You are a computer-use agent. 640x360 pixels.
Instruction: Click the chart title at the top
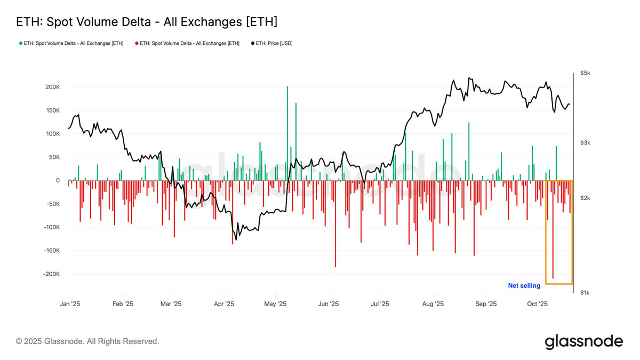click(x=147, y=22)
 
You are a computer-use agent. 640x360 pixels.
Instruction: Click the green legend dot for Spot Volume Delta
click(x=20, y=43)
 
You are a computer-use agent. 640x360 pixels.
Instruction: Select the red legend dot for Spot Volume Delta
click(x=137, y=43)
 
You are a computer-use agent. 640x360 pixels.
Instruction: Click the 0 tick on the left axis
click(x=57, y=180)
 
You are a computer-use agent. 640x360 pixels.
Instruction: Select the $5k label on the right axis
click(x=585, y=73)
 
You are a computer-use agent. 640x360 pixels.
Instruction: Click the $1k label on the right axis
click(x=585, y=292)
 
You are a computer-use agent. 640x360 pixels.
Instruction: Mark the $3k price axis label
click(x=585, y=142)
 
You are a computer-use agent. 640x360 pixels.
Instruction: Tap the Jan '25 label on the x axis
click(x=69, y=304)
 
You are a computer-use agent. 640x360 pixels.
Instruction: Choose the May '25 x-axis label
click(x=275, y=304)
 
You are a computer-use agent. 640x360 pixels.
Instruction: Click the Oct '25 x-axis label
click(x=537, y=304)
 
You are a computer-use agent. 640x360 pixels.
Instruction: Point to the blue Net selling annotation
click(x=524, y=286)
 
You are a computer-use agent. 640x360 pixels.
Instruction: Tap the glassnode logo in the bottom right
click(x=583, y=341)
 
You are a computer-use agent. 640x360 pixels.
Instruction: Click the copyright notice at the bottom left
click(x=87, y=341)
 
